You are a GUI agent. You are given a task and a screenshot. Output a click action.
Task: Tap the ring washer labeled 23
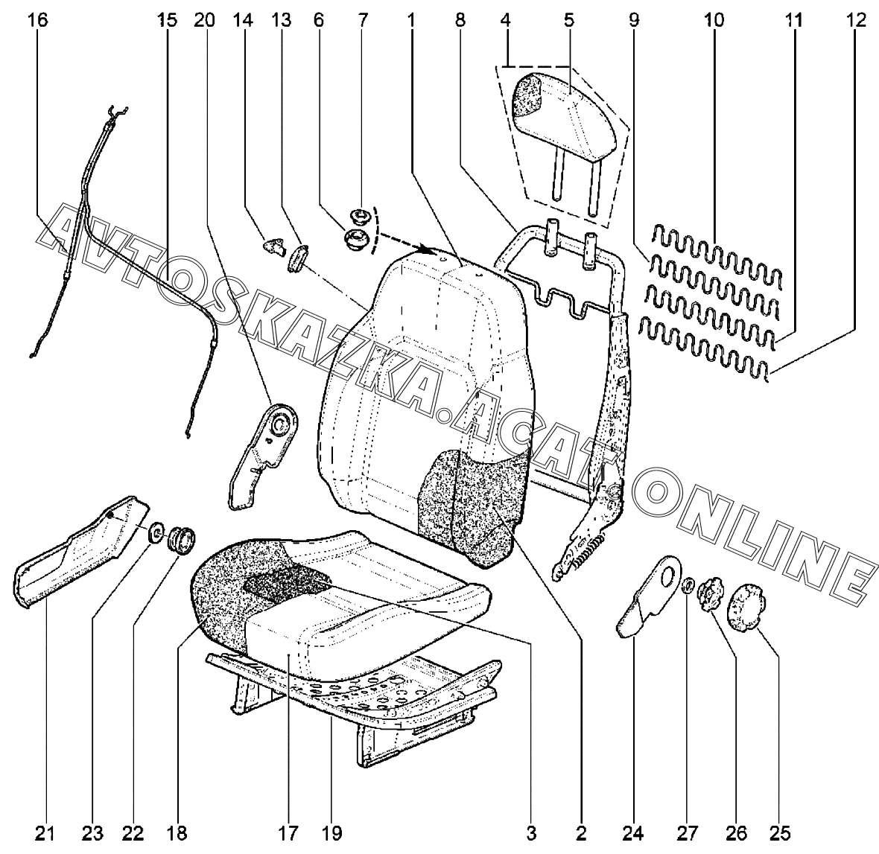click(156, 532)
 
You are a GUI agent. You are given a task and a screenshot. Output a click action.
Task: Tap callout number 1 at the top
click(410, 21)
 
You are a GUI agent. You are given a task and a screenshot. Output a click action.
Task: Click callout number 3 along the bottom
click(530, 832)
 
